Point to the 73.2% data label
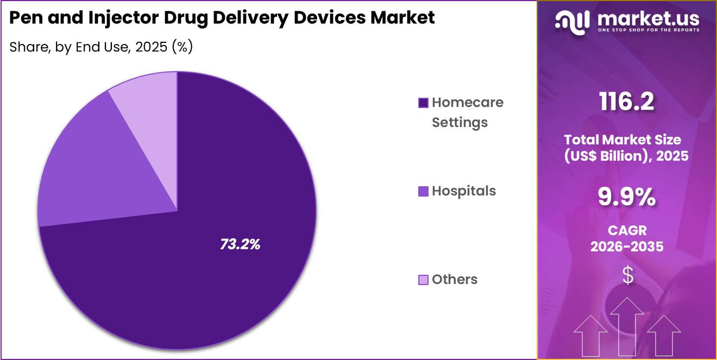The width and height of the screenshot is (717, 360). pyautogui.click(x=240, y=244)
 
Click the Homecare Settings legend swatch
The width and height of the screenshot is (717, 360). pyautogui.click(x=423, y=103)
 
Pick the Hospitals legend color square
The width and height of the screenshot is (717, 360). pyautogui.click(x=423, y=191)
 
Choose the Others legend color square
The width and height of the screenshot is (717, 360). pyautogui.click(x=423, y=280)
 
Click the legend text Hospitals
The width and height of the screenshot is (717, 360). pyautogui.click(x=463, y=191)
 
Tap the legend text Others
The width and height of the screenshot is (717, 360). pyautogui.click(x=454, y=280)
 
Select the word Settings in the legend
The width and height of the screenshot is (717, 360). pyautogui.click(x=460, y=123)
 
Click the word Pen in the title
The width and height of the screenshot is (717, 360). pyautogui.click(x=26, y=18)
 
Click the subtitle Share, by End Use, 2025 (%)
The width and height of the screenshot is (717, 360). pyautogui.click(x=101, y=47)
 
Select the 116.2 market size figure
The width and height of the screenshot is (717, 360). pyautogui.click(x=626, y=102)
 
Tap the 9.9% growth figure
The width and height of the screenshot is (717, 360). pyautogui.click(x=626, y=197)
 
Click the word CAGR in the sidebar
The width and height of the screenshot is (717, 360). pyautogui.click(x=627, y=230)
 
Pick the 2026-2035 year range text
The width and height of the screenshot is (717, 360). pyautogui.click(x=627, y=247)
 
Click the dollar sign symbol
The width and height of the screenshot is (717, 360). pyautogui.click(x=627, y=276)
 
